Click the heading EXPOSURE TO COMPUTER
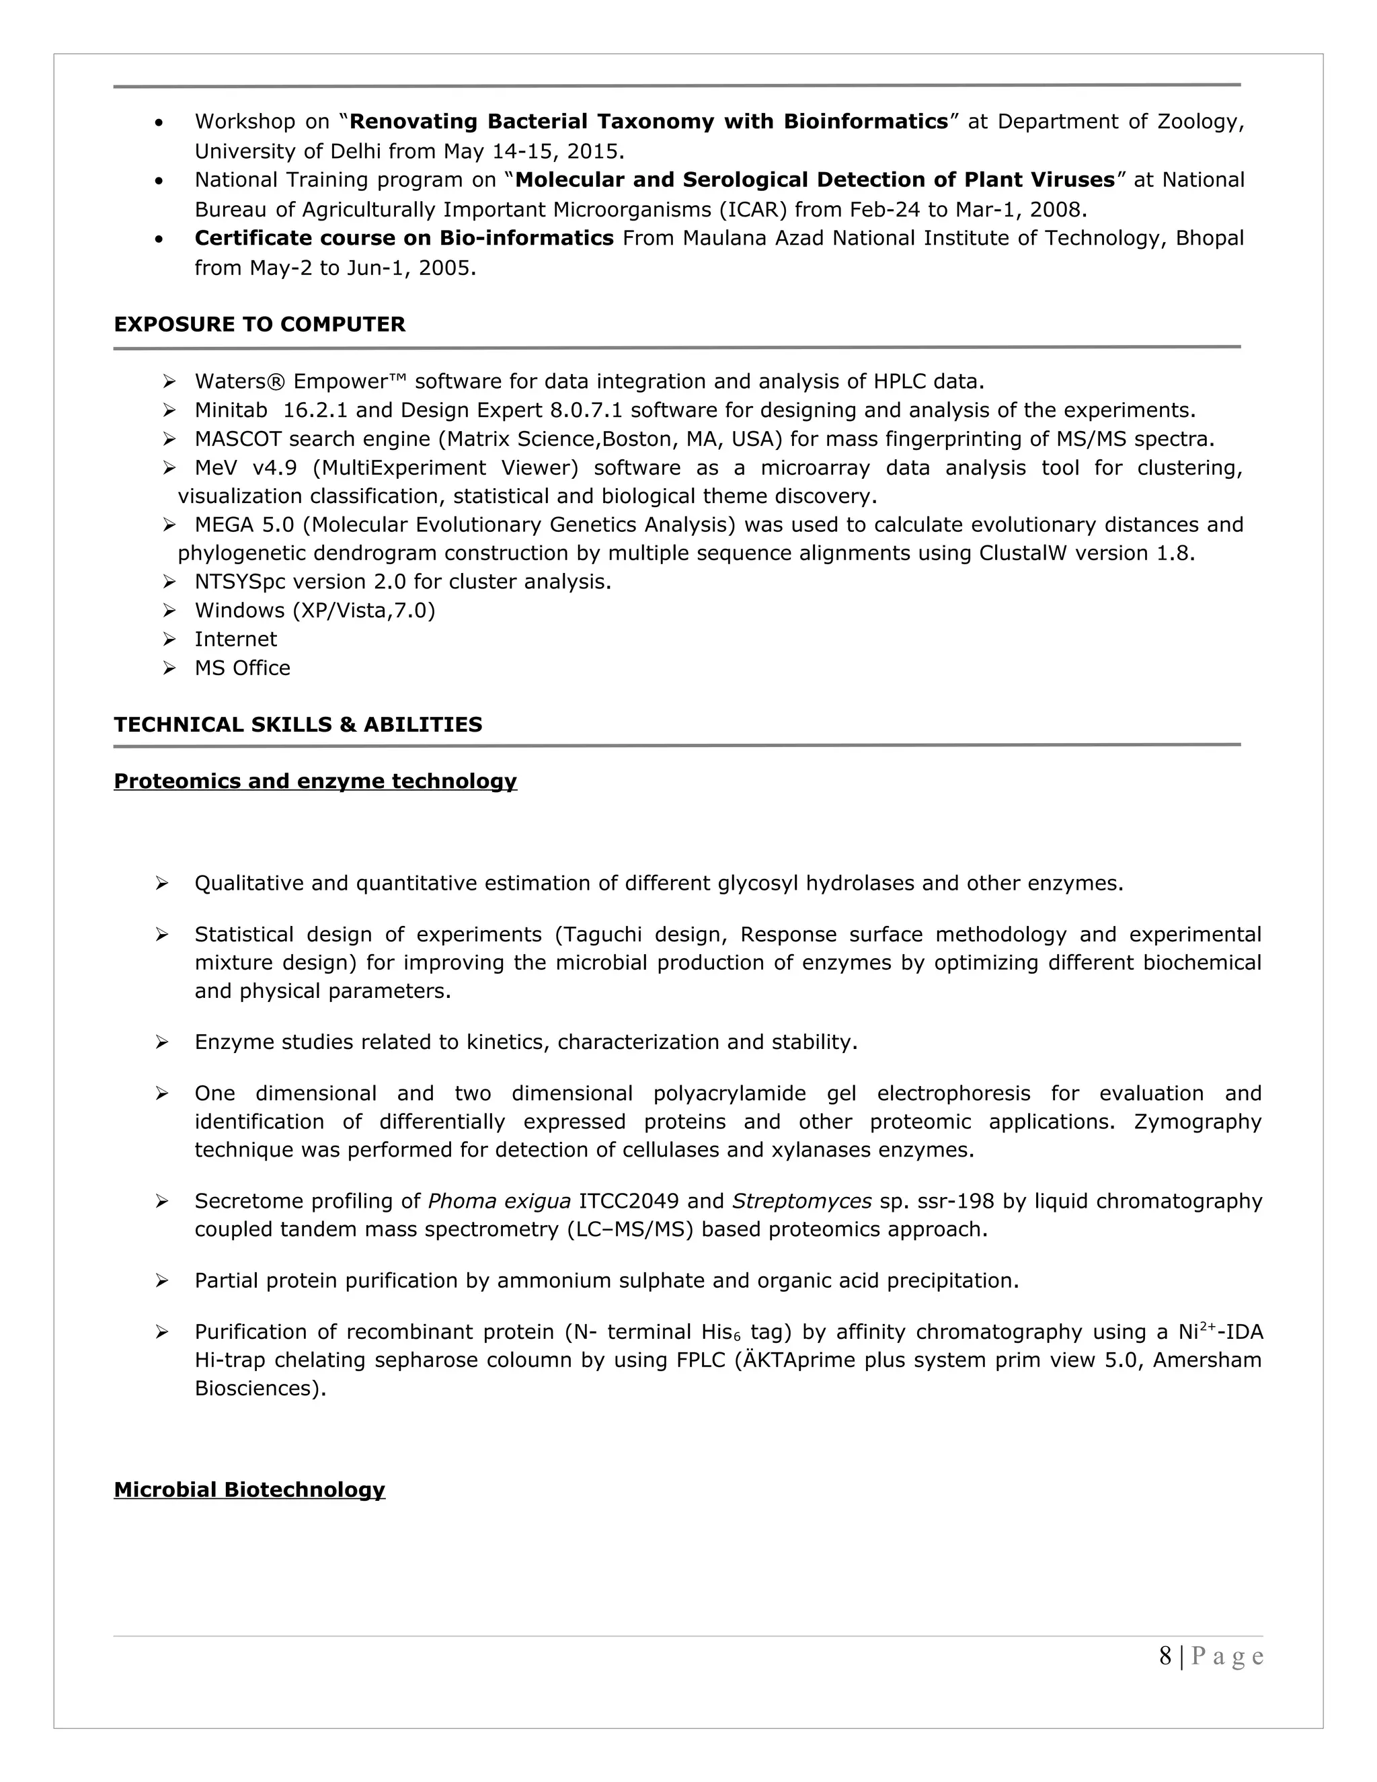point(260,324)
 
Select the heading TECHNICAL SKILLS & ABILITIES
point(298,724)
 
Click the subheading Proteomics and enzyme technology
point(315,781)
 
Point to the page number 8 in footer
point(1165,1656)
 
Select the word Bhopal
point(1209,238)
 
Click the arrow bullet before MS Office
point(169,668)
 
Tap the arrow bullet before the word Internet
point(169,640)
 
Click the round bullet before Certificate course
point(159,240)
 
